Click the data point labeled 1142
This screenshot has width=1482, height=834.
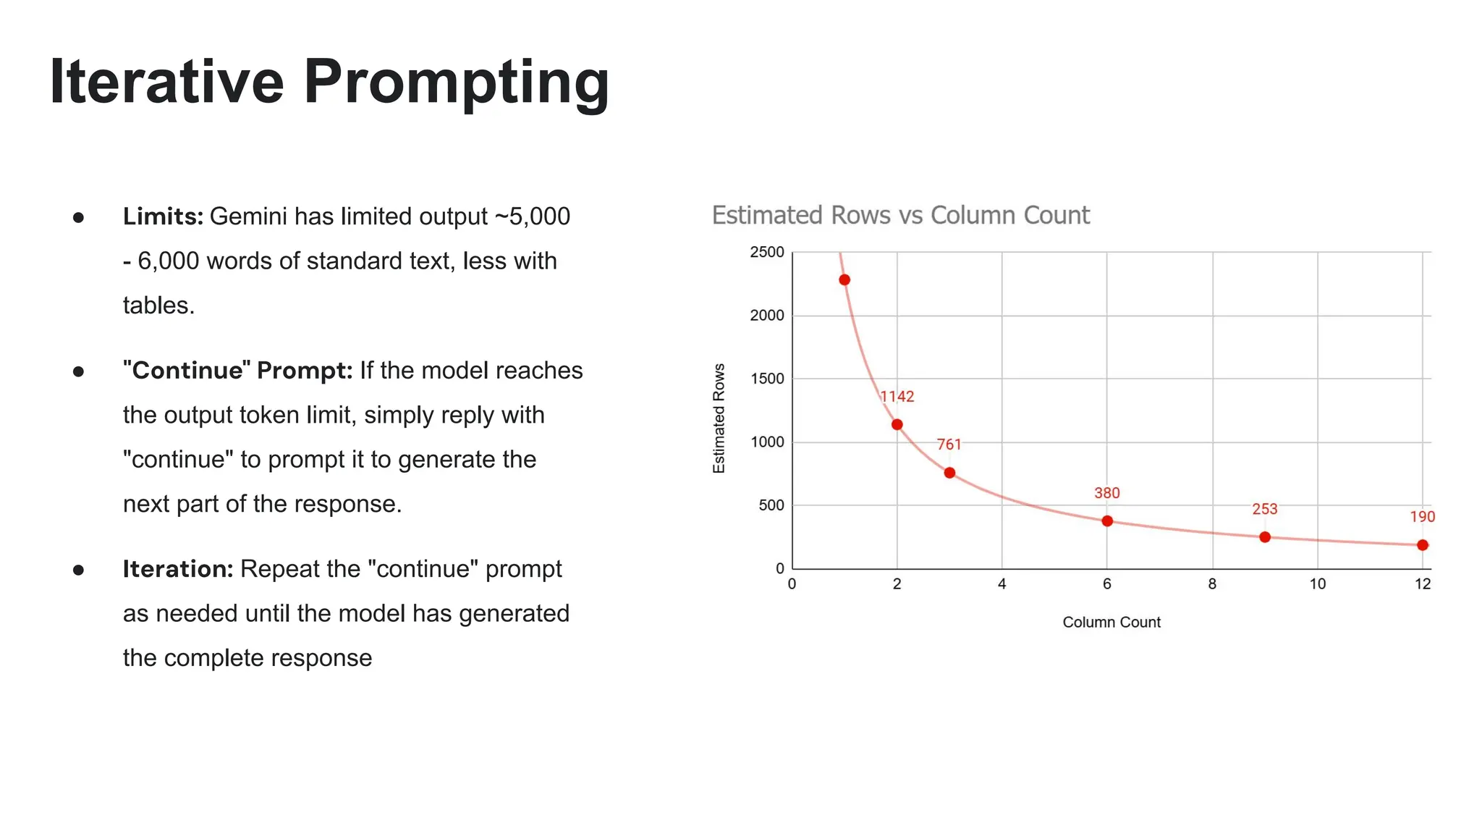click(897, 425)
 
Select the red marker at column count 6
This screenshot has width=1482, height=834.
click(1107, 521)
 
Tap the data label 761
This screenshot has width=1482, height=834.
click(949, 445)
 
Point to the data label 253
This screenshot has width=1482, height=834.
click(1265, 509)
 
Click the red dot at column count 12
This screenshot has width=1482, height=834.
click(1423, 545)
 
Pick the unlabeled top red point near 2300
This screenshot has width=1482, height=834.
click(844, 280)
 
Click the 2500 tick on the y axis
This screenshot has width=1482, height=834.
click(767, 253)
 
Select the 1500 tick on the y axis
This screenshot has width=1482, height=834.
click(767, 379)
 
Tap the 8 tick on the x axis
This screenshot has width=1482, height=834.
click(1212, 584)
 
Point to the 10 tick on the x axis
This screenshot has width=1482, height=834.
click(1318, 584)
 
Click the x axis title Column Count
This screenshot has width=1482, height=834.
click(1111, 623)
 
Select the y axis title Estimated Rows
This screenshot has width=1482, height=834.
click(719, 418)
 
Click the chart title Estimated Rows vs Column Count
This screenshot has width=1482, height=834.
click(900, 216)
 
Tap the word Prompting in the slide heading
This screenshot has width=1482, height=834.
click(457, 82)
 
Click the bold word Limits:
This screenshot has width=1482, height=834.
click(163, 216)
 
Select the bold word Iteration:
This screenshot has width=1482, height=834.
click(177, 569)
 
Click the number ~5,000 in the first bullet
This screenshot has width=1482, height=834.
click(533, 216)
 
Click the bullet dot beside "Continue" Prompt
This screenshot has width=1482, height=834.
click(79, 371)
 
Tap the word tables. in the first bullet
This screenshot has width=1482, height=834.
click(158, 306)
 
